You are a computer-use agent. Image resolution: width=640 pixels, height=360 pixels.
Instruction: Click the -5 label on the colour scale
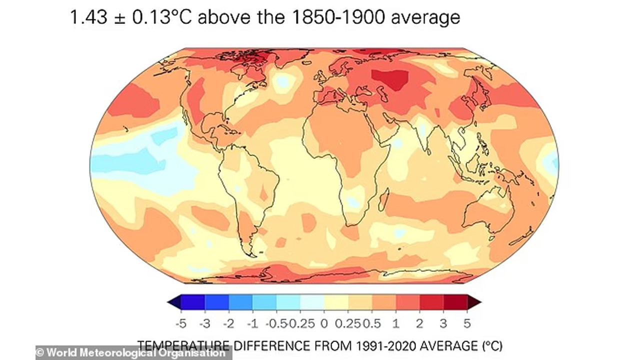181,323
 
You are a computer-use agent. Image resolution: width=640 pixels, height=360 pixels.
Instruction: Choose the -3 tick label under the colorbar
204,323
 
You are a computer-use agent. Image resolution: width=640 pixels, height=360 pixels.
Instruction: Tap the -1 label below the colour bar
252,323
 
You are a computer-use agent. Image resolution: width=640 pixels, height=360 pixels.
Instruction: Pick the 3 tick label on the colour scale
443,323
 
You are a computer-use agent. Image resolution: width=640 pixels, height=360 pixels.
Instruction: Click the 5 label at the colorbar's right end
467,323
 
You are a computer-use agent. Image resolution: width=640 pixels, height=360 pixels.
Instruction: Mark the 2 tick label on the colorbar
419,323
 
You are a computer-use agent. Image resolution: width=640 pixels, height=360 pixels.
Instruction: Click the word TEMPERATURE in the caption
183,345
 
